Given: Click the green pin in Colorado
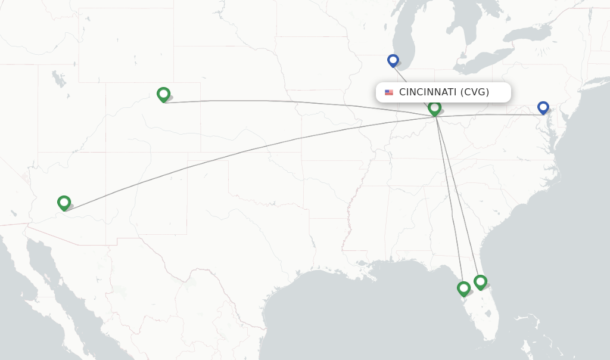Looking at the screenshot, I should (163, 94).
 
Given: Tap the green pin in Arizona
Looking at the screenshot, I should (64, 203).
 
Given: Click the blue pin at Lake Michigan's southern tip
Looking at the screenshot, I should (393, 60).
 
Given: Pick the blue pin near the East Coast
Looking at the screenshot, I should (543, 107).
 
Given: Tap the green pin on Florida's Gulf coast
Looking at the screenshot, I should (463, 288).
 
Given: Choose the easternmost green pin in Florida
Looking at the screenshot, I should (480, 281).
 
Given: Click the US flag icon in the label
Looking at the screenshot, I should (389, 92).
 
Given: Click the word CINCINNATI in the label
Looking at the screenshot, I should (427, 92).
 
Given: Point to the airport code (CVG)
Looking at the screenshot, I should (474, 92).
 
